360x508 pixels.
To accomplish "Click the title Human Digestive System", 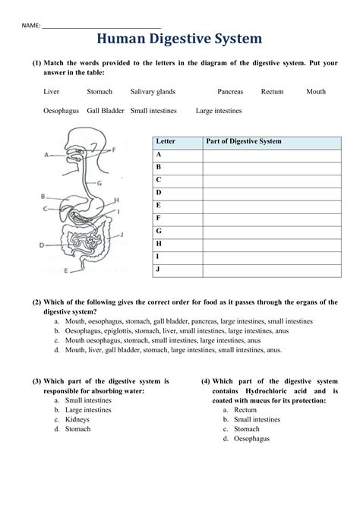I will click(x=179, y=39).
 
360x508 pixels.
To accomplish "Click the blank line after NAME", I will click(x=101, y=25).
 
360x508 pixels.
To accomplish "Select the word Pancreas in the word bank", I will click(x=230, y=92).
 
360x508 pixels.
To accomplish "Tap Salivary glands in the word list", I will click(x=153, y=92).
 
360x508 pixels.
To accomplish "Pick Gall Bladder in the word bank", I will click(x=106, y=111).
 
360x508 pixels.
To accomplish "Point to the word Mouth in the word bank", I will click(x=316, y=92).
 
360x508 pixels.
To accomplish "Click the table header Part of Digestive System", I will click(x=243, y=141).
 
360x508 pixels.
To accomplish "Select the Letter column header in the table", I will click(x=166, y=141).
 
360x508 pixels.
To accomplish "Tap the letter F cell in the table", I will click(x=159, y=219).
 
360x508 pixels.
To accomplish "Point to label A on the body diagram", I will click(x=47, y=154).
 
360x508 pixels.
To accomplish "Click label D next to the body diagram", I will click(x=43, y=245).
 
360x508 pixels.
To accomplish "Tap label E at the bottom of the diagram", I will click(x=65, y=270).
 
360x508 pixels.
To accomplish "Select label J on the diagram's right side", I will click(x=121, y=235).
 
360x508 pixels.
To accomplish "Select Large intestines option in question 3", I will click(x=87, y=409).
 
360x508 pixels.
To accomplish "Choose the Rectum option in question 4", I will click(x=245, y=409).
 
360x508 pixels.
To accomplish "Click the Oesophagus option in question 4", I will click(x=251, y=439).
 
